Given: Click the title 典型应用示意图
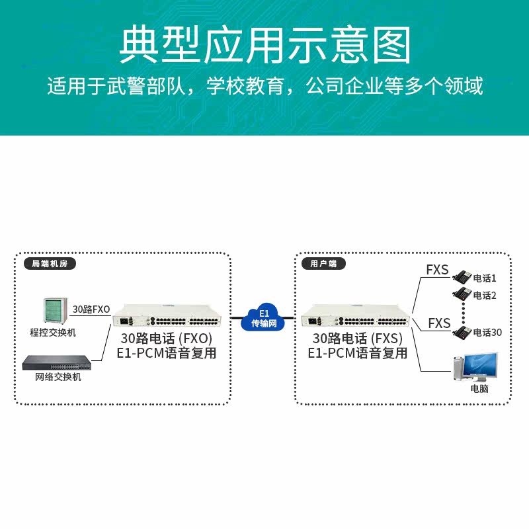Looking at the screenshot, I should click(264, 45).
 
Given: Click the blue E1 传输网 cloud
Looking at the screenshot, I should click(263, 318).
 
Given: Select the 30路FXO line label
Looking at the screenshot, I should click(91, 309).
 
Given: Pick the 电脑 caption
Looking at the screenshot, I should click(479, 389).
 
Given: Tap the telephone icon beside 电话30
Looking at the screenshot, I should click(462, 332).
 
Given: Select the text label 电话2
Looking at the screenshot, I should click(485, 295).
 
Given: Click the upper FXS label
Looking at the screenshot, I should click(437, 270).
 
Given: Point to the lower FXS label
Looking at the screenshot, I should click(439, 323).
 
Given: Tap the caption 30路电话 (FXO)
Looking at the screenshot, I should click(166, 339).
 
